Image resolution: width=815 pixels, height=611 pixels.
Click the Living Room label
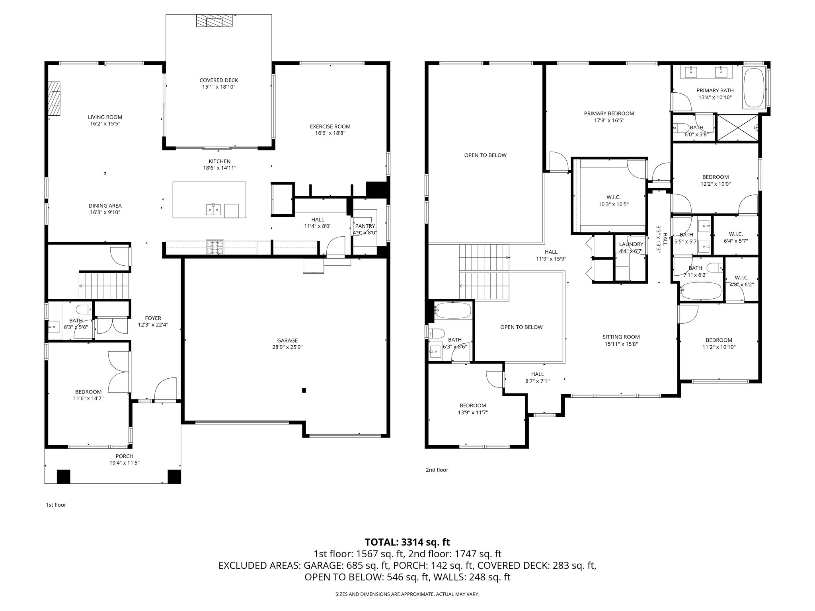105,117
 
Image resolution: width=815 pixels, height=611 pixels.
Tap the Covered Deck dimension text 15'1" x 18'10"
219,87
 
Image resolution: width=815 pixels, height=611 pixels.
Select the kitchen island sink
214,209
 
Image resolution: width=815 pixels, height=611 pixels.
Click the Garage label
287,341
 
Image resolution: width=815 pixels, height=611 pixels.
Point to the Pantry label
365,226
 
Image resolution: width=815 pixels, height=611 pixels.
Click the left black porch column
63,476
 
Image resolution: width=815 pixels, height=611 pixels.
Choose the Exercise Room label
330,126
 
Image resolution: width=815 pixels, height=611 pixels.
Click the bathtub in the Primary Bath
754,88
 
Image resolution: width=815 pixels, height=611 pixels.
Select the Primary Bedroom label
609,113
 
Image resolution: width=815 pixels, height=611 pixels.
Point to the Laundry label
631,244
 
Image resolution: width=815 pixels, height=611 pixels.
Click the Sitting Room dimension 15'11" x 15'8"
621,344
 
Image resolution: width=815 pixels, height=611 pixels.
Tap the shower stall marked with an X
737,128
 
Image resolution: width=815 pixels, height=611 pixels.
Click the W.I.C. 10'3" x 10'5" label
613,197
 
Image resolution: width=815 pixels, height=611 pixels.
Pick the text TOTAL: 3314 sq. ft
407,542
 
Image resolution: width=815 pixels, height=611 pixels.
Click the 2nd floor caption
437,470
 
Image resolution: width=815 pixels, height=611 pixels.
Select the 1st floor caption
56,505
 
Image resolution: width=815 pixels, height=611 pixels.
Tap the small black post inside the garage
304,390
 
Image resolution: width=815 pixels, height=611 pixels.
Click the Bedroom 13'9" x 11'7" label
473,405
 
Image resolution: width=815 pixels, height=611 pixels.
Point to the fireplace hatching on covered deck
214,21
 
